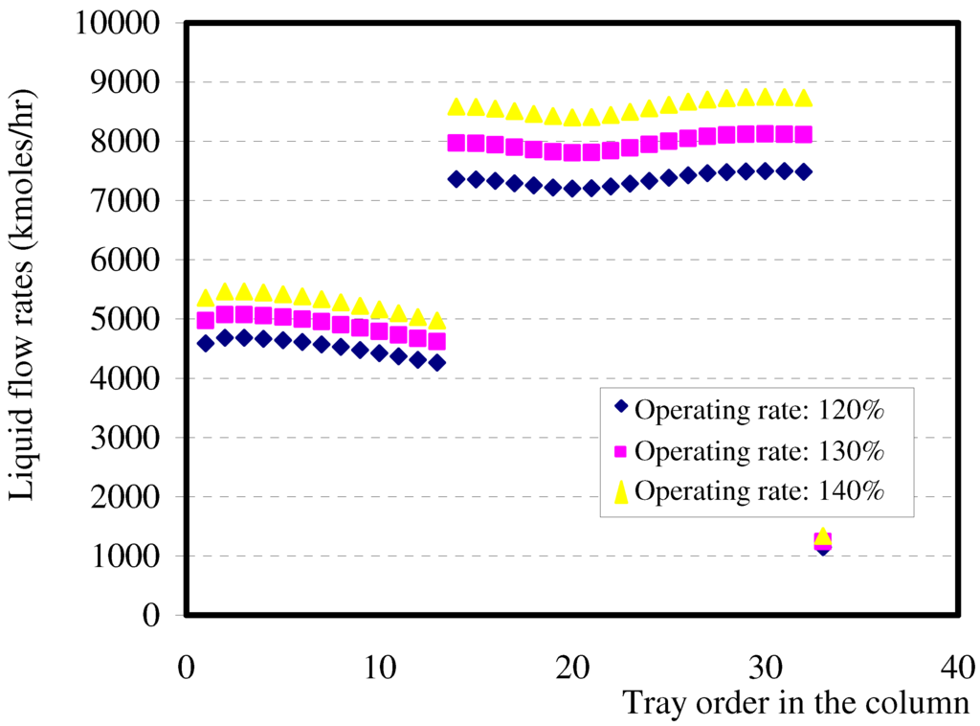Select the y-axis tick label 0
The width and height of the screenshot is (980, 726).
click(150, 615)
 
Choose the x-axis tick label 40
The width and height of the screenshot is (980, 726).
click(957, 666)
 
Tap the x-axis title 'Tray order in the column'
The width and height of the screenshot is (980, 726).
click(796, 703)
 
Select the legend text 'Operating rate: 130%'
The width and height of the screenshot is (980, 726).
click(758, 450)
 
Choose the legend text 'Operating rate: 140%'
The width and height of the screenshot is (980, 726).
click(758, 491)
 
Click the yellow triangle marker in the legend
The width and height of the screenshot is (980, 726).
click(620, 491)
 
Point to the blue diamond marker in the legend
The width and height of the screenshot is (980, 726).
click(620, 408)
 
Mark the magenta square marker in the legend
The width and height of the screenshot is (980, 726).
click(620, 450)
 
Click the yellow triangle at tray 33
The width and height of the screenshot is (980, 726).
click(822, 535)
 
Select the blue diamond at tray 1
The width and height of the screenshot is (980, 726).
click(206, 343)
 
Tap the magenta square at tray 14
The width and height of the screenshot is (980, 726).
click(457, 143)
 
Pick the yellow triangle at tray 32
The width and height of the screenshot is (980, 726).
click(804, 98)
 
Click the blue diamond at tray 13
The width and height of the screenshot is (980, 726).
click(437, 362)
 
